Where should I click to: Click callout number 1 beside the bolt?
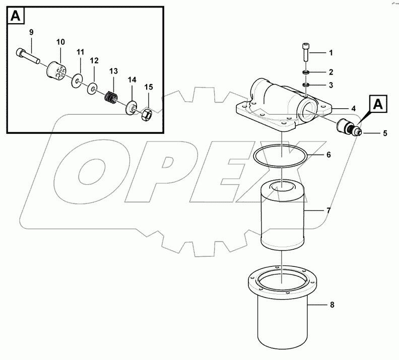(330, 52)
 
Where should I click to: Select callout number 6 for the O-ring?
(328, 155)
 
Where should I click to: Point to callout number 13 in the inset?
(113, 70)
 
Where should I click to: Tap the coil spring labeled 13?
(111, 94)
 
